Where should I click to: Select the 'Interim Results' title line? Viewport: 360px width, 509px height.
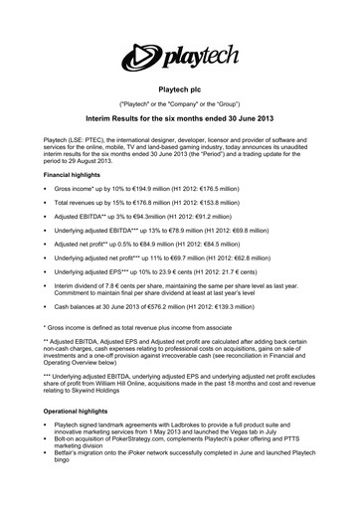[180, 117]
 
